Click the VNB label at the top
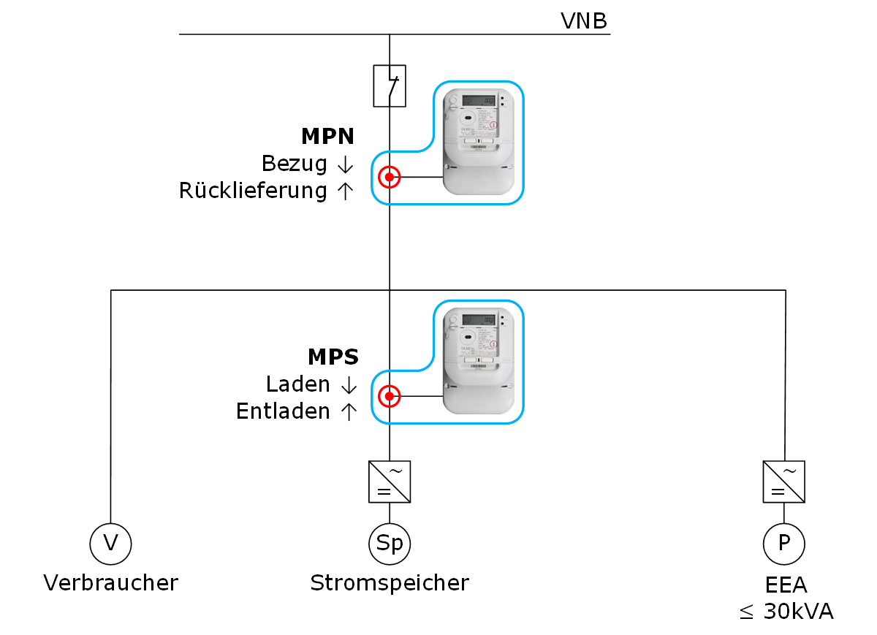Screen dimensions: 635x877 point(583,20)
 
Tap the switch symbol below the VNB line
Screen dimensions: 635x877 point(390,85)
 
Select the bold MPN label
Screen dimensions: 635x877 point(327,137)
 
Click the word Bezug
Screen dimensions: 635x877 point(294,164)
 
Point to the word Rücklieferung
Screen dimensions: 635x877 point(253,191)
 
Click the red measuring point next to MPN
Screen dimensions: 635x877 point(390,177)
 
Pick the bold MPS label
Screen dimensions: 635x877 point(333,357)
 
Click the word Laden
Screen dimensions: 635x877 point(298,384)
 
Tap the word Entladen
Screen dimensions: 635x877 point(283,412)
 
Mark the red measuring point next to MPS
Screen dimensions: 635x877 point(390,397)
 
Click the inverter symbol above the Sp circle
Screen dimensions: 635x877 point(390,482)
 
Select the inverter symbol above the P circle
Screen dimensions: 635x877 point(784,482)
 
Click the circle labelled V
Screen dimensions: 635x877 point(111,544)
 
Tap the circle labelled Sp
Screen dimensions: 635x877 point(390,544)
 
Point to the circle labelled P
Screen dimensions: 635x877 point(784,544)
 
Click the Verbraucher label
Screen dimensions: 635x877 point(111,583)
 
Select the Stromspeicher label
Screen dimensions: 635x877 point(390,583)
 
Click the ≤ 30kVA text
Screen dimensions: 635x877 point(786,612)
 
